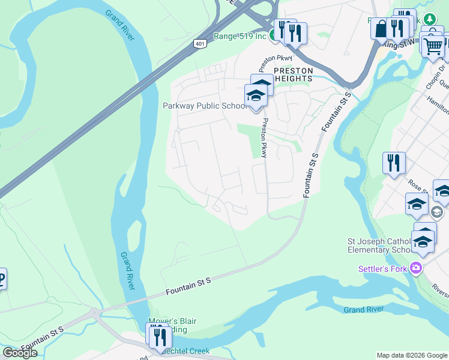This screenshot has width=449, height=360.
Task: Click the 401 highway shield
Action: tap(200, 43)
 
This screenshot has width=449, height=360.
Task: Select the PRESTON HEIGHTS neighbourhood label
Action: tap(293, 74)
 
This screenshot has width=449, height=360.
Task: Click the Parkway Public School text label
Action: tap(203, 106)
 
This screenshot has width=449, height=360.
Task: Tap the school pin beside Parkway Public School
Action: tap(256, 96)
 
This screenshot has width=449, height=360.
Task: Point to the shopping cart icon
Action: tap(433, 45)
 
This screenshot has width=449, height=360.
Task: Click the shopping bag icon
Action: tap(381, 28)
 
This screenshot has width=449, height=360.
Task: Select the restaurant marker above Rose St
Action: tap(394, 163)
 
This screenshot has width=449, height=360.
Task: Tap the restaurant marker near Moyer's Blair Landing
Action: tap(159, 337)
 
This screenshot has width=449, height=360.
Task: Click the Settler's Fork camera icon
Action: tap(414, 269)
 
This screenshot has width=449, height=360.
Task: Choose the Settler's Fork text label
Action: tap(382, 269)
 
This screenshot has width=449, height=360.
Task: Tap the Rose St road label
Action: tap(416, 187)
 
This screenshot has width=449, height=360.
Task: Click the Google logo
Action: tap(20, 352)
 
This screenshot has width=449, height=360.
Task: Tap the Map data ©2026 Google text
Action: tap(411, 355)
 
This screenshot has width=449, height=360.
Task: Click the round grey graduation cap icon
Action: tap(437, 211)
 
